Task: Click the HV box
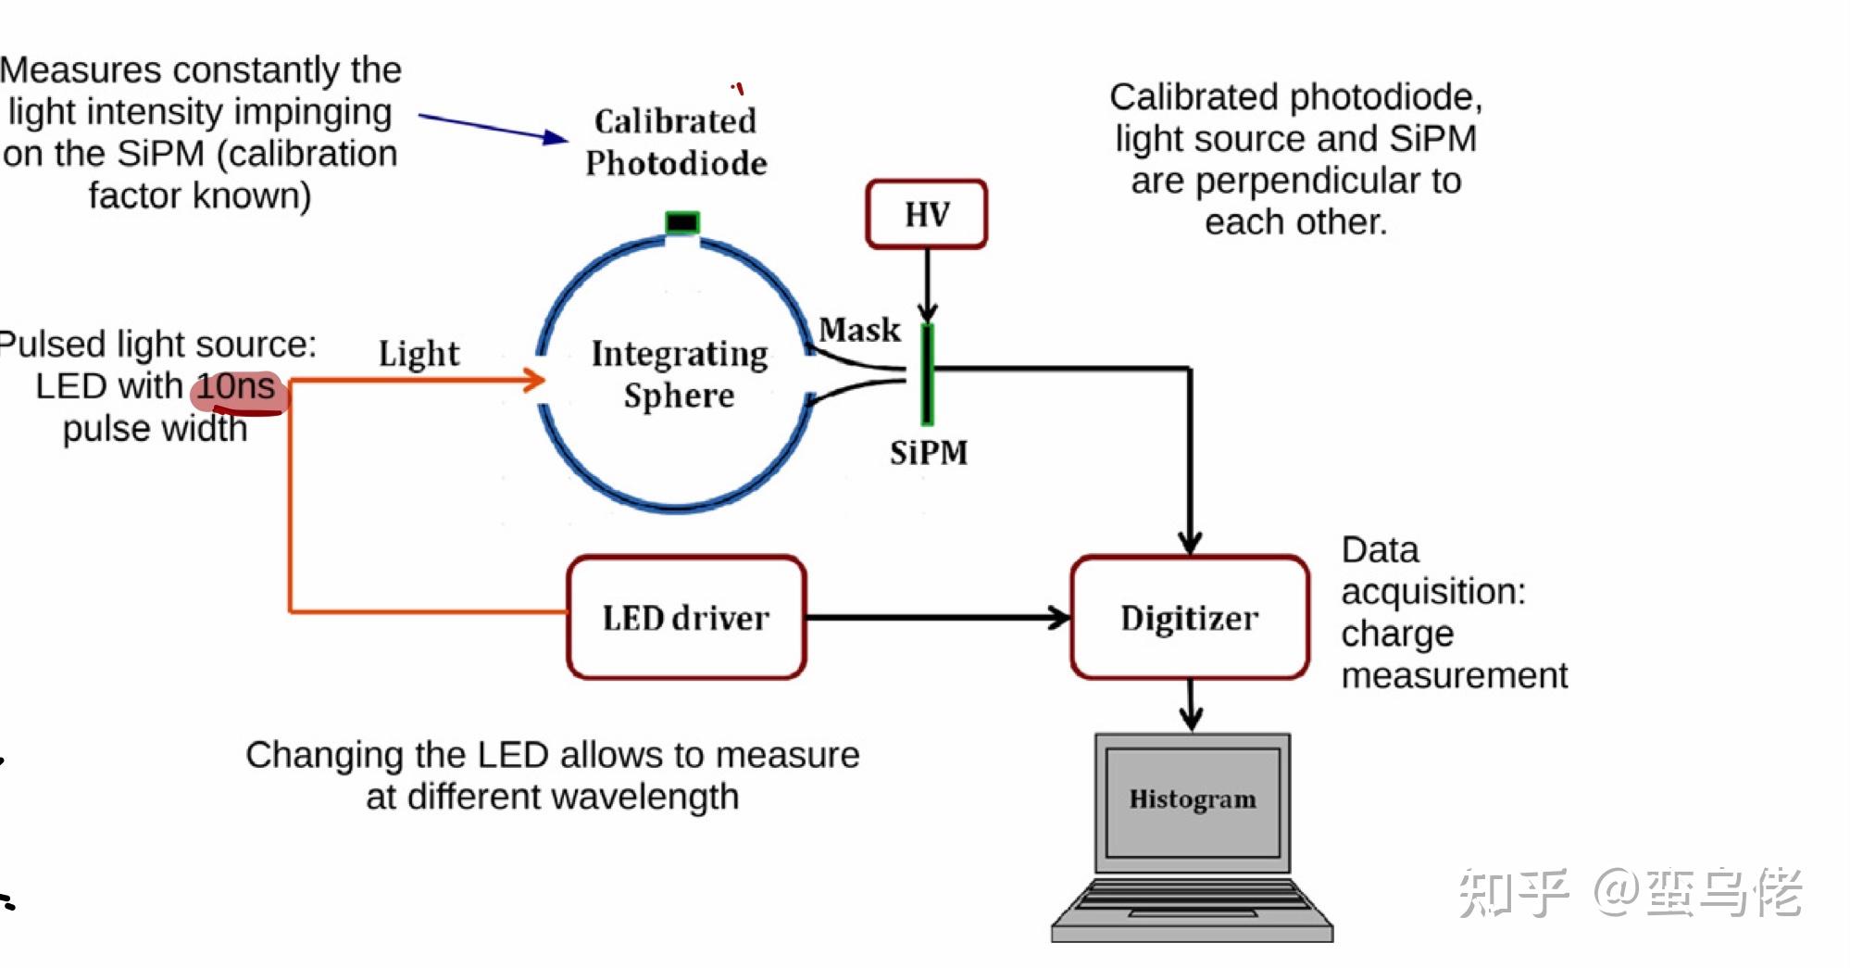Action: click(927, 214)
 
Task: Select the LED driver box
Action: click(686, 617)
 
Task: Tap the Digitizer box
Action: click(1190, 617)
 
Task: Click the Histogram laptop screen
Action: click(1193, 802)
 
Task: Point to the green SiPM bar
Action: click(927, 374)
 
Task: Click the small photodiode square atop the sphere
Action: click(682, 222)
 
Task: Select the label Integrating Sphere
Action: click(680, 373)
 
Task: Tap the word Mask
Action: click(859, 329)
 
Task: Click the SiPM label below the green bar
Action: click(929, 452)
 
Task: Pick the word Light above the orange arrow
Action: click(419, 353)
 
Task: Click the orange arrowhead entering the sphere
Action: click(534, 380)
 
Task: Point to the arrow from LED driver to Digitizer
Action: click(938, 617)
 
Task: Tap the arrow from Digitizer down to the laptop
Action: click(1191, 705)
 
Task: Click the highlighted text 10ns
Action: click(236, 386)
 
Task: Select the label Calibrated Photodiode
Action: click(676, 142)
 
